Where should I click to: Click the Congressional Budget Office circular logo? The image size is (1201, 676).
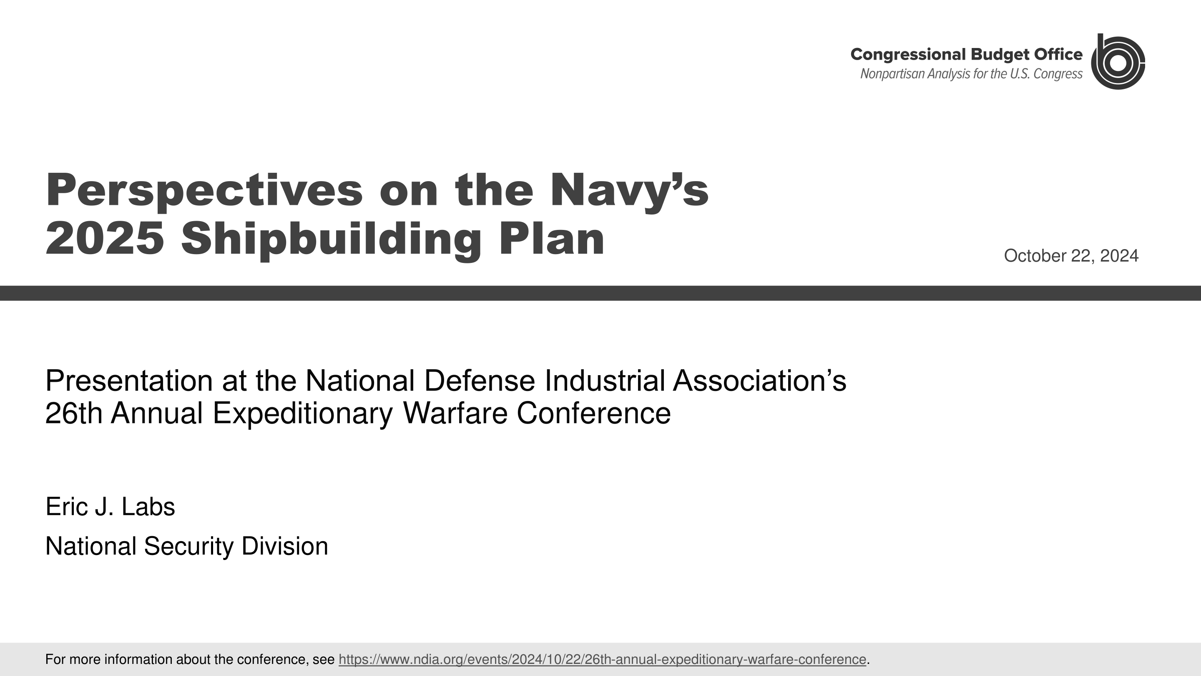pos(1118,62)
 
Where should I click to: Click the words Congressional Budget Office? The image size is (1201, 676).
pos(966,55)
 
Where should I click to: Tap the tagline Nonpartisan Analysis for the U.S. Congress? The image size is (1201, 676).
pos(971,74)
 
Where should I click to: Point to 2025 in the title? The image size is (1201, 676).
pos(105,239)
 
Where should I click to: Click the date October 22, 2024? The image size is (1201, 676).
pos(1071,256)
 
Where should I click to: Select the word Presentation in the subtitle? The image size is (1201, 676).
pos(129,381)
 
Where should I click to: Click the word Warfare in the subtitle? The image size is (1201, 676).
pos(455,414)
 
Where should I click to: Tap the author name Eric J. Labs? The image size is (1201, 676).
pos(110,507)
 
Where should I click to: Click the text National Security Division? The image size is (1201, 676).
pos(186,546)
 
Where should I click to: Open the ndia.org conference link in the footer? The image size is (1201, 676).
pos(602,660)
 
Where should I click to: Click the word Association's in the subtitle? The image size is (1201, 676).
pos(759,381)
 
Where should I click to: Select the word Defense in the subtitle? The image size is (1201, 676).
pos(479,381)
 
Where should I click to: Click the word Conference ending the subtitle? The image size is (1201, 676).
pos(593,414)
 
